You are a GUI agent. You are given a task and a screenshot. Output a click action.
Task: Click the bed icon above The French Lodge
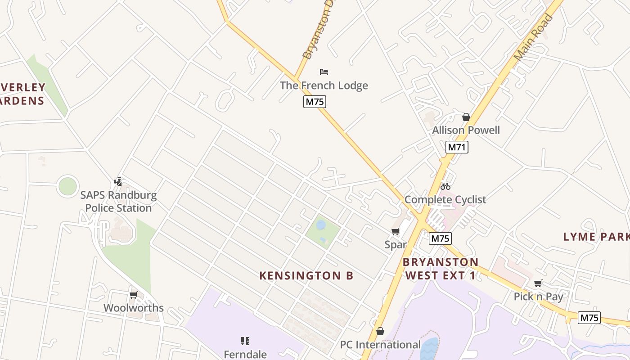[x=324, y=72]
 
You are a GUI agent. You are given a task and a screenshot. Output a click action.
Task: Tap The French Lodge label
[x=324, y=85]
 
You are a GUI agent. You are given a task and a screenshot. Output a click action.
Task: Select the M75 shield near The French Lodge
[x=315, y=102]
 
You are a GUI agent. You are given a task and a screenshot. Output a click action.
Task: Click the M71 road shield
[x=457, y=147]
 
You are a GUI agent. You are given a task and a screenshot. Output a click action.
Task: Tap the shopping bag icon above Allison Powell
[x=466, y=117]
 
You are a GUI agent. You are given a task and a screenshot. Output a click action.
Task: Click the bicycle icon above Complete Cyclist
[x=445, y=186]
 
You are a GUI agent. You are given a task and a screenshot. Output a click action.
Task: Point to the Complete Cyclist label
[x=445, y=199]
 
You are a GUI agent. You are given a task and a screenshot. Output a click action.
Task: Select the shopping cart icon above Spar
[x=396, y=232]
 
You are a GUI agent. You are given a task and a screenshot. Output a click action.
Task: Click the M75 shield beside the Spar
[x=440, y=238]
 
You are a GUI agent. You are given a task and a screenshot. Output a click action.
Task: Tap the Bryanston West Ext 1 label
[x=441, y=269]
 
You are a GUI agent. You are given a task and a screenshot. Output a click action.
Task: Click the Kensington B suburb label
[x=306, y=276]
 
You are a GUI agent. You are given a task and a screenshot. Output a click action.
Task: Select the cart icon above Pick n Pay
[x=538, y=283]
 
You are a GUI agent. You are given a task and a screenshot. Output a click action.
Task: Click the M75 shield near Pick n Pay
[x=589, y=318]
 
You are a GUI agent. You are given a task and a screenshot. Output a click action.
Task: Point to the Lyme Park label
[x=596, y=237]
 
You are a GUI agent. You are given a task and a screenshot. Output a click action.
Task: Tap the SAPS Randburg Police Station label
[x=118, y=202]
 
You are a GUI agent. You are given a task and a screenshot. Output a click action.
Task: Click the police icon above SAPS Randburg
[x=118, y=182]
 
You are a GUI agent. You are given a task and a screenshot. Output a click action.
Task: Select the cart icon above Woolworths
[x=133, y=295]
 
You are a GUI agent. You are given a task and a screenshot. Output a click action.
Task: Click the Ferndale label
[x=245, y=355]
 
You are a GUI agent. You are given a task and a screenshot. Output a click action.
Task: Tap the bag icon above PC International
[x=380, y=331]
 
